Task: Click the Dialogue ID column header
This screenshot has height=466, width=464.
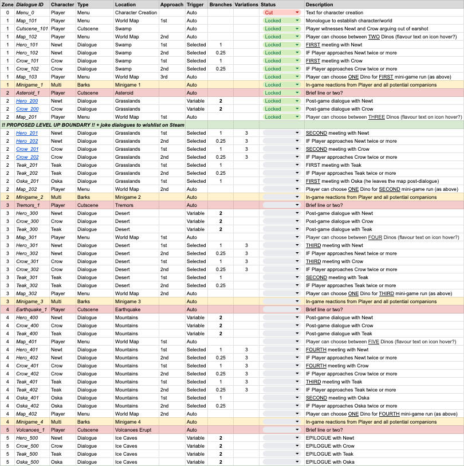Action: pyautogui.click(x=30, y=4)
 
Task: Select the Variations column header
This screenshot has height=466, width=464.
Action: pyautogui.click(x=246, y=4)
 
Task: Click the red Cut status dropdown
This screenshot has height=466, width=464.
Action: pyautogui.click(x=281, y=12)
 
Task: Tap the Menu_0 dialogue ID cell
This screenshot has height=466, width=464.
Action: pyautogui.click(x=25, y=12)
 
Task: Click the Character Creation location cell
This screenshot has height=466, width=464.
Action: pyautogui.click(x=135, y=12)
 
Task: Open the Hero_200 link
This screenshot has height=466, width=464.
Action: pyautogui.click(x=27, y=100)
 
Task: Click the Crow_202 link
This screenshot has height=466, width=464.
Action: pyautogui.click(x=27, y=156)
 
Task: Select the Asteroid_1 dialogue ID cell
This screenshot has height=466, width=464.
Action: pyautogui.click(x=29, y=92)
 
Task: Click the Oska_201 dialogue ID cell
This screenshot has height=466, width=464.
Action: pyautogui.click(x=27, y=181)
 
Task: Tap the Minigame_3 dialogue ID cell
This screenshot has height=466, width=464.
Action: pyautogui.click(x=30, y=301)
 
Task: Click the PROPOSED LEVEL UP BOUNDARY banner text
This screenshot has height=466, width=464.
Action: pyautogui.click(x=97, y=124)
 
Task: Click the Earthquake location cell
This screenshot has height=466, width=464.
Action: pyautogui.click(x=128, y=309)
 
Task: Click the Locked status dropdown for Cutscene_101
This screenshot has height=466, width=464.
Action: pyautogui.click(x=281, y=28)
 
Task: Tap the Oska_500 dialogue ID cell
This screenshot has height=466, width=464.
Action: pyautogui.click(x=27, y=461)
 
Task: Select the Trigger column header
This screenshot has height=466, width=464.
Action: pyautogui.click(x=195, y=4)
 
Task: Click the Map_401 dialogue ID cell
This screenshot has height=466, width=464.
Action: pyautogui.click(x=26, y=341)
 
